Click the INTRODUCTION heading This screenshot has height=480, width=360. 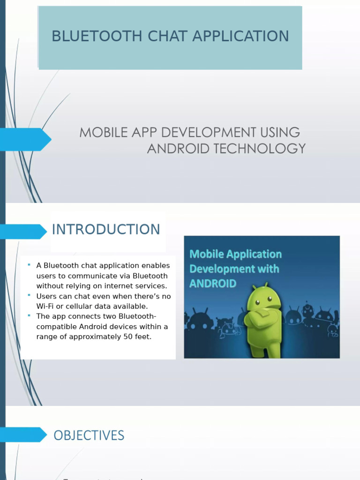click(106, 230)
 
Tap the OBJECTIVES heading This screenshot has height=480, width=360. click(89, 435)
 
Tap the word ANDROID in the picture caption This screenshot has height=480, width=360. click(212, 284)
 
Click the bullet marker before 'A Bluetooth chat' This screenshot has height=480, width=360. click(29, 265)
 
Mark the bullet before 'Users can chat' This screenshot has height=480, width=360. click(29, 296)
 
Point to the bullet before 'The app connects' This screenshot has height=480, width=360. click(29, 316)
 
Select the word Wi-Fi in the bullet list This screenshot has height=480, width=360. click(45, 306)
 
